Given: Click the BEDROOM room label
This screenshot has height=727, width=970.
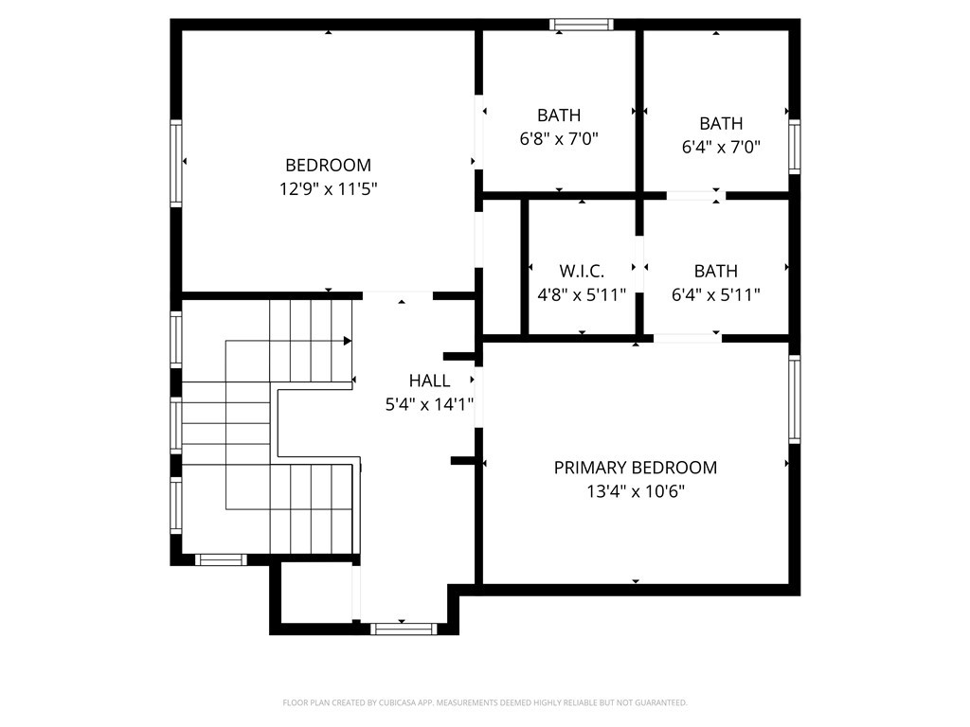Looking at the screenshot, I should tap(328, 165).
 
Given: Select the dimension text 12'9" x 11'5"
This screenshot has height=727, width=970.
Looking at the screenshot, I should tap(328, 189).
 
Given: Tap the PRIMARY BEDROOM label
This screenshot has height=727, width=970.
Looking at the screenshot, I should tap(635, 468).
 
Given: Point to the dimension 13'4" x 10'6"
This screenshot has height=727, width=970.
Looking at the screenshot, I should tap(635, 492).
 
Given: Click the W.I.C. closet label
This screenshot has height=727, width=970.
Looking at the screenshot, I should tap(582, 271).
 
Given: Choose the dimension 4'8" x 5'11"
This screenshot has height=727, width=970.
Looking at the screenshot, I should tap(582, 295).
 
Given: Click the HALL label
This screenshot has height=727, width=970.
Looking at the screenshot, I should tap(429, 381).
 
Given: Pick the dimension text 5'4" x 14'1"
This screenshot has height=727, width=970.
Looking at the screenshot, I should tap(429, 405).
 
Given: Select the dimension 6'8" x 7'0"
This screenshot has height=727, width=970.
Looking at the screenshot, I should tap(559, 139).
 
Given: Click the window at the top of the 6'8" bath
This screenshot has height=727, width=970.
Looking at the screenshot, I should tap(582, 25).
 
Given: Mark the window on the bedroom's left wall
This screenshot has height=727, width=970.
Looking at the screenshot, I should tap(175, 162).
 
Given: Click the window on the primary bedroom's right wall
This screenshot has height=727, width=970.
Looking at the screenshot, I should tap(795, 399).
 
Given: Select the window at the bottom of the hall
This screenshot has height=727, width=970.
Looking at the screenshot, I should tap(404, 629).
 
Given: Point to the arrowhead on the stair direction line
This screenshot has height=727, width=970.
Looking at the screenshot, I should tap(348, 341).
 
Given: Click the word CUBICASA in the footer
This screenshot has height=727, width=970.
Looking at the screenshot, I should tap(387, 703).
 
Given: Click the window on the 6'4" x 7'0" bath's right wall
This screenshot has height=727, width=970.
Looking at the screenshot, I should tap(795, 147).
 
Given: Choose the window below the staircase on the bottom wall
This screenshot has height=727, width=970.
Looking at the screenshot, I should tap(221, 559).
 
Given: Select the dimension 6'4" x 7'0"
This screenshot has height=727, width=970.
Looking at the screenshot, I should tap(721, 148).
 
